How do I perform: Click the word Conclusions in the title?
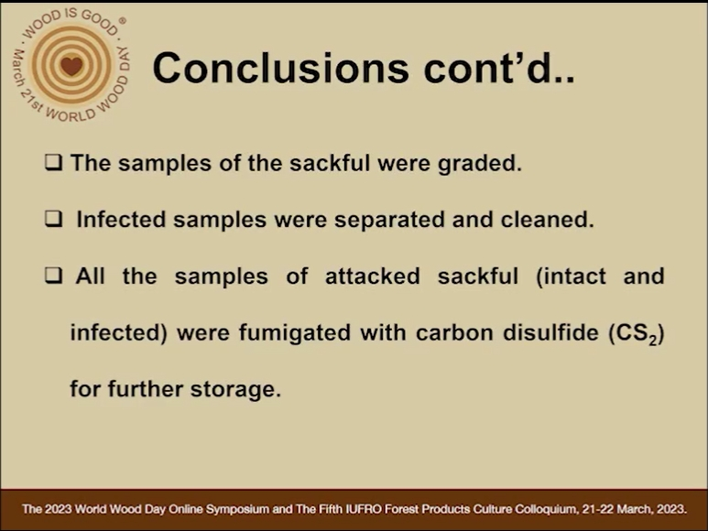(x=280, y=68)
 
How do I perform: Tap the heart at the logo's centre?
(x=71, y=66)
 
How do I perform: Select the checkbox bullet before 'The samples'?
(x=53, y=163)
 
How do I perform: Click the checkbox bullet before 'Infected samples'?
(x=53, y=219)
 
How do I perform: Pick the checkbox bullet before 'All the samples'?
(x=53, y=276)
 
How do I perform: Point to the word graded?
(x=480, y=164)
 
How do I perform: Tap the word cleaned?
(x=547, y=220)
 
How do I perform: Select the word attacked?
(x=373, y=276)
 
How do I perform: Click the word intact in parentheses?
(x=572, y=276)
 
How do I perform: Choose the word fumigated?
(x=295, y=333)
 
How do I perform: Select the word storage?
(x=235, y=390)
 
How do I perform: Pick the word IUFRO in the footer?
(x=359, y=509)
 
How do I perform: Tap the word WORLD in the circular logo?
(x=71, y=114)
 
